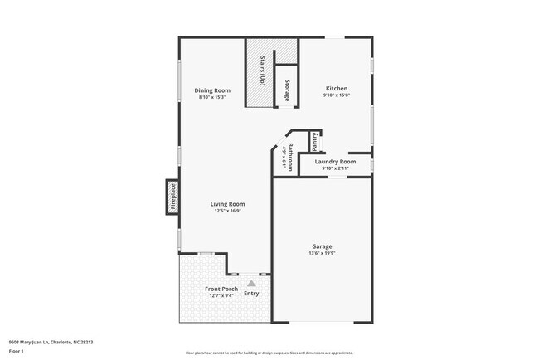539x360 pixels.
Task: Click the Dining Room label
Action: pos(212,90)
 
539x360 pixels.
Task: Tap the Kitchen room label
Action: pos(336,88)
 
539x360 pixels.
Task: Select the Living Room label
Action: pos(226,204)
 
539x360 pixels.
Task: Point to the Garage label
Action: pos(322,246)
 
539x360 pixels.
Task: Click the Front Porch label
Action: pos(221,289)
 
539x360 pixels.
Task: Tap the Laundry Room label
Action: pos(335,161)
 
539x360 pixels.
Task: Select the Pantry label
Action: pos(315,141)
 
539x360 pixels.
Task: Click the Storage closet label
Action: pos(287,90)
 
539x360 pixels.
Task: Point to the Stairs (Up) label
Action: pos(262,71)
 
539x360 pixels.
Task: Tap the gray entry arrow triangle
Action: pos(251,284)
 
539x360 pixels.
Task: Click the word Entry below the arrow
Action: pos(251,294)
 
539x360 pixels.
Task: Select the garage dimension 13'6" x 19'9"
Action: pos(322,254)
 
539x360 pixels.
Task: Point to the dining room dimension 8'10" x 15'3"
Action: pos(212,98)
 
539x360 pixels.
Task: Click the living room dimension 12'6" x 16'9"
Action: pos(226,212)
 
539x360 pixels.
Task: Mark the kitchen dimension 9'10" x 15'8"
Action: pos(336,95)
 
